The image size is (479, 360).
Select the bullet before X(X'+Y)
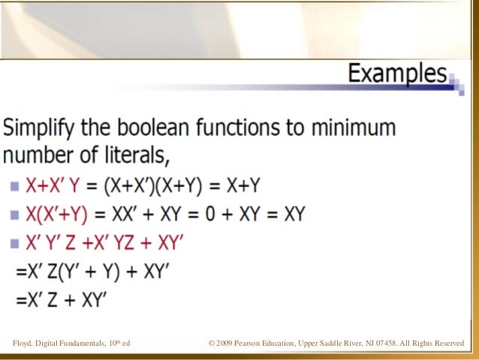[16, 215]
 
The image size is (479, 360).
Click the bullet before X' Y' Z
[16, 244]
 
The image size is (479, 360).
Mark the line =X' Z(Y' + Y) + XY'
[91, 272]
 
